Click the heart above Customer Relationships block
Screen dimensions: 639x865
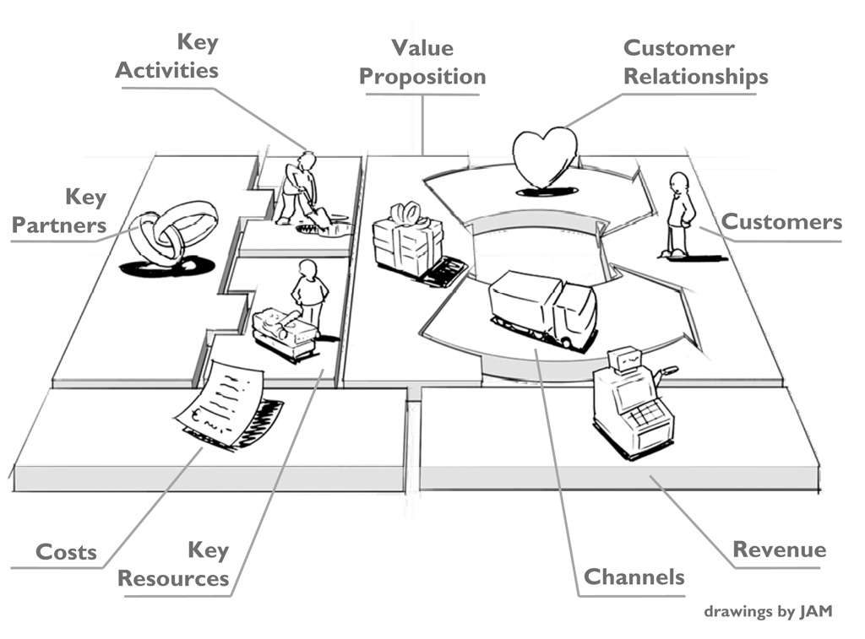coord(545,156)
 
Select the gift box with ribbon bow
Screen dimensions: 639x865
coord(407,241)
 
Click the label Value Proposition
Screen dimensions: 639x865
coord(422,62)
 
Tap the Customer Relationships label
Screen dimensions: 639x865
coord(695,62)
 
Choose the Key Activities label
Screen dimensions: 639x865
coord(166,56)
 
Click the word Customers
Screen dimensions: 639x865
coord(781,222)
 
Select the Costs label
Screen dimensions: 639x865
coord(66,553)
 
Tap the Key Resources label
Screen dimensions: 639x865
coord(173,565)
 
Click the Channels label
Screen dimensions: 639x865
coord(634,577)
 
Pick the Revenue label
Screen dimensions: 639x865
coord(779,550)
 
